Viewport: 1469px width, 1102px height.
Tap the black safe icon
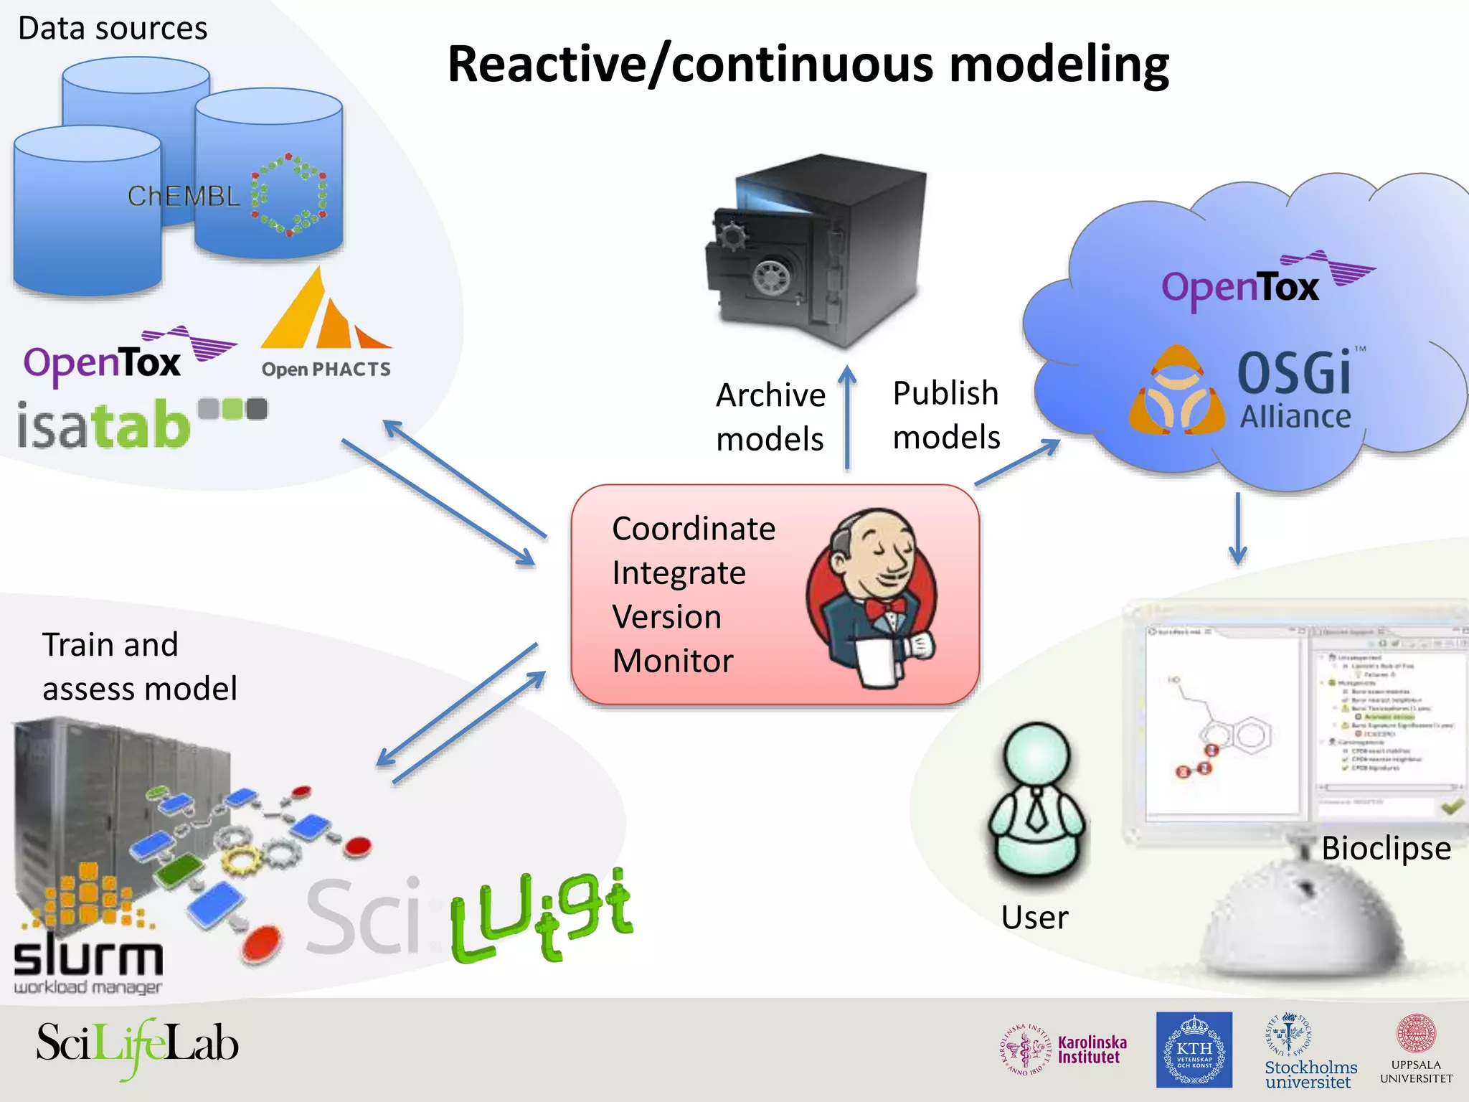[818, 251]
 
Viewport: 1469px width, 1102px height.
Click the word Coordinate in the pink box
[693, 529]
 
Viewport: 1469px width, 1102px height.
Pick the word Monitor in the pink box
[672, 661]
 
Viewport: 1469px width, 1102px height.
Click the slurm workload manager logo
[88, 961]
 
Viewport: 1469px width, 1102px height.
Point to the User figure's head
[1036, 757]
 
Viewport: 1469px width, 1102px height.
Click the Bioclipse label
[1385, 849]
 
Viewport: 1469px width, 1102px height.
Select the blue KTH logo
[1194, 1050]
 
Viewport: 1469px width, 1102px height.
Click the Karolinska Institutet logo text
[1092, 1050]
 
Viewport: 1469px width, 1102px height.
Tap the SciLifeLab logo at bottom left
[136, 1045]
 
